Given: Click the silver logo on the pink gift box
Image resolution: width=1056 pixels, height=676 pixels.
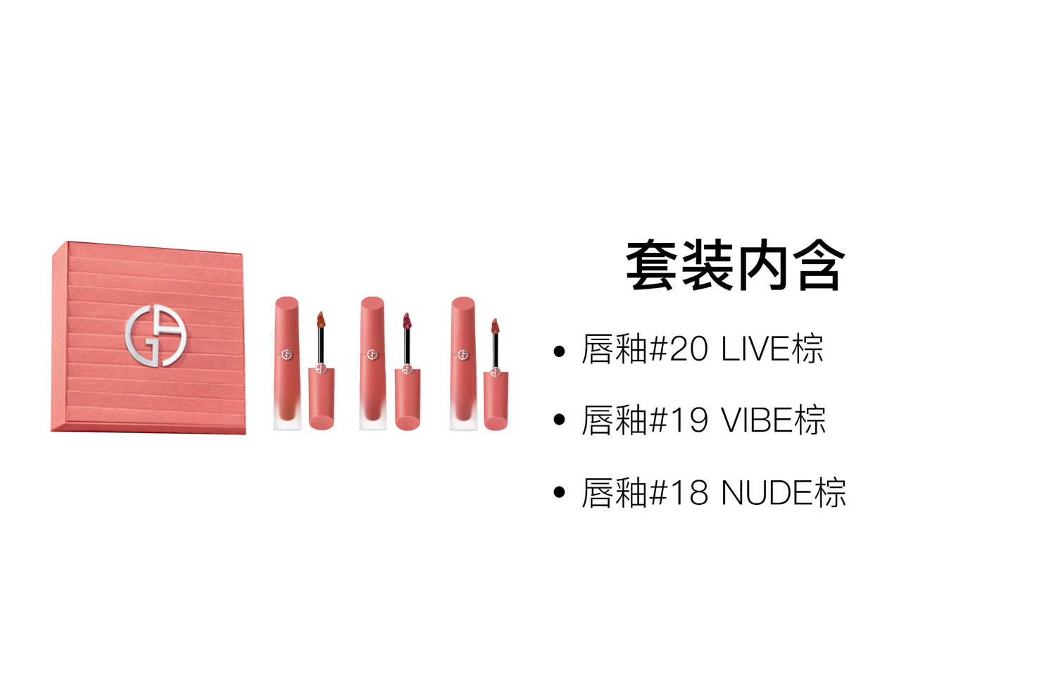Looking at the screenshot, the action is (x=156, y=336).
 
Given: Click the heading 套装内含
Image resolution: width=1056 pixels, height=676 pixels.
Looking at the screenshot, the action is (x=735, y=266).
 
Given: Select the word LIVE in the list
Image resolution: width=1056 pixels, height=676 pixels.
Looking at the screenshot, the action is (x=756, y=349).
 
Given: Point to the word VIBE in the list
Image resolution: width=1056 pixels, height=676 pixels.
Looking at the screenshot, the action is (x=758, y=420).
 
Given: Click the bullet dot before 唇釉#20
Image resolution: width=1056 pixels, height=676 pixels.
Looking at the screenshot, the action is (x=559, y=351).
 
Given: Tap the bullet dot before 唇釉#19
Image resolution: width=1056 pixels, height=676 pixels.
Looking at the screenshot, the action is (x=559, y=420).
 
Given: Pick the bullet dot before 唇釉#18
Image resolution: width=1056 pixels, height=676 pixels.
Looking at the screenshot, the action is (x=559, y=492).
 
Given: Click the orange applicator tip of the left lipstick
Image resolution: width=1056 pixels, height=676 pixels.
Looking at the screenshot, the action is (x=320, y=320).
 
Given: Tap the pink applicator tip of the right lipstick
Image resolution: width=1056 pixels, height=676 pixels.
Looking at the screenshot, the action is (x=494, y=326).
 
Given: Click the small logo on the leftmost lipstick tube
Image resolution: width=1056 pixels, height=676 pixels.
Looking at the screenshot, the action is (x=286, y=354).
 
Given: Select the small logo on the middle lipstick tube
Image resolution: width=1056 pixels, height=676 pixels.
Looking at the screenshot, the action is (x=372, y=354).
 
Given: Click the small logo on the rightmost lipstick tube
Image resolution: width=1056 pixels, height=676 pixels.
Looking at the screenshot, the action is (x=463, y=354).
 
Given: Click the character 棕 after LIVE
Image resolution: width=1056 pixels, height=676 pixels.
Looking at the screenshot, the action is (x=808, y=349).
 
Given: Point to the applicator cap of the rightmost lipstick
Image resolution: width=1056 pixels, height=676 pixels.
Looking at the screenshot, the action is (x=496, y=400).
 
